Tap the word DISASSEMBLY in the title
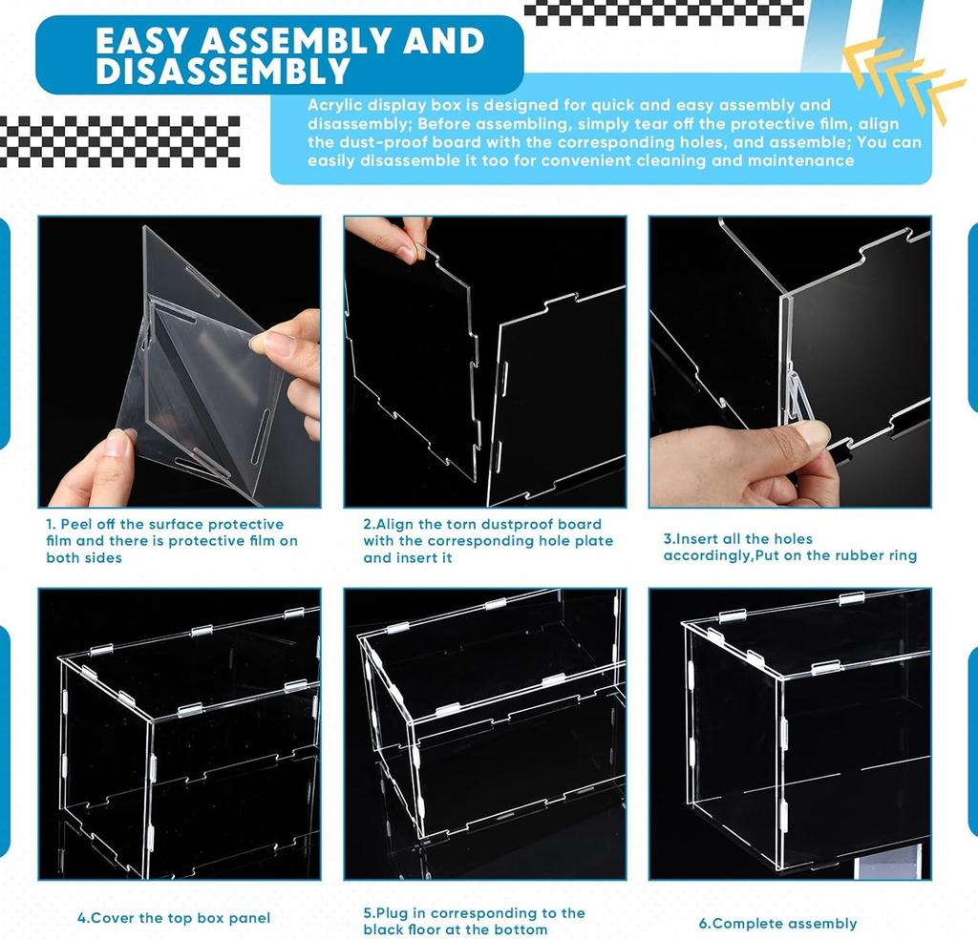pyautogui.click(x=223, y=72)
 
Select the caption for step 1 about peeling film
pyautogui.click(x=172, y=540)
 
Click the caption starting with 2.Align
pyautogui.click(x=487, y=540)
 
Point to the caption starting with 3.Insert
pyautogui.click(x=790, y=547)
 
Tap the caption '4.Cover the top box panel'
pyautogui.click(x=174, y=918)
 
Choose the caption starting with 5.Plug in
pyautogui.click(x=474, y=921)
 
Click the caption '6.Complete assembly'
pyautogui.click(x=777, y=923)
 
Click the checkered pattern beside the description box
pyautogui.click(x=119, y=141)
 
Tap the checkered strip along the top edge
pyautogui.click(x=665, y=12)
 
